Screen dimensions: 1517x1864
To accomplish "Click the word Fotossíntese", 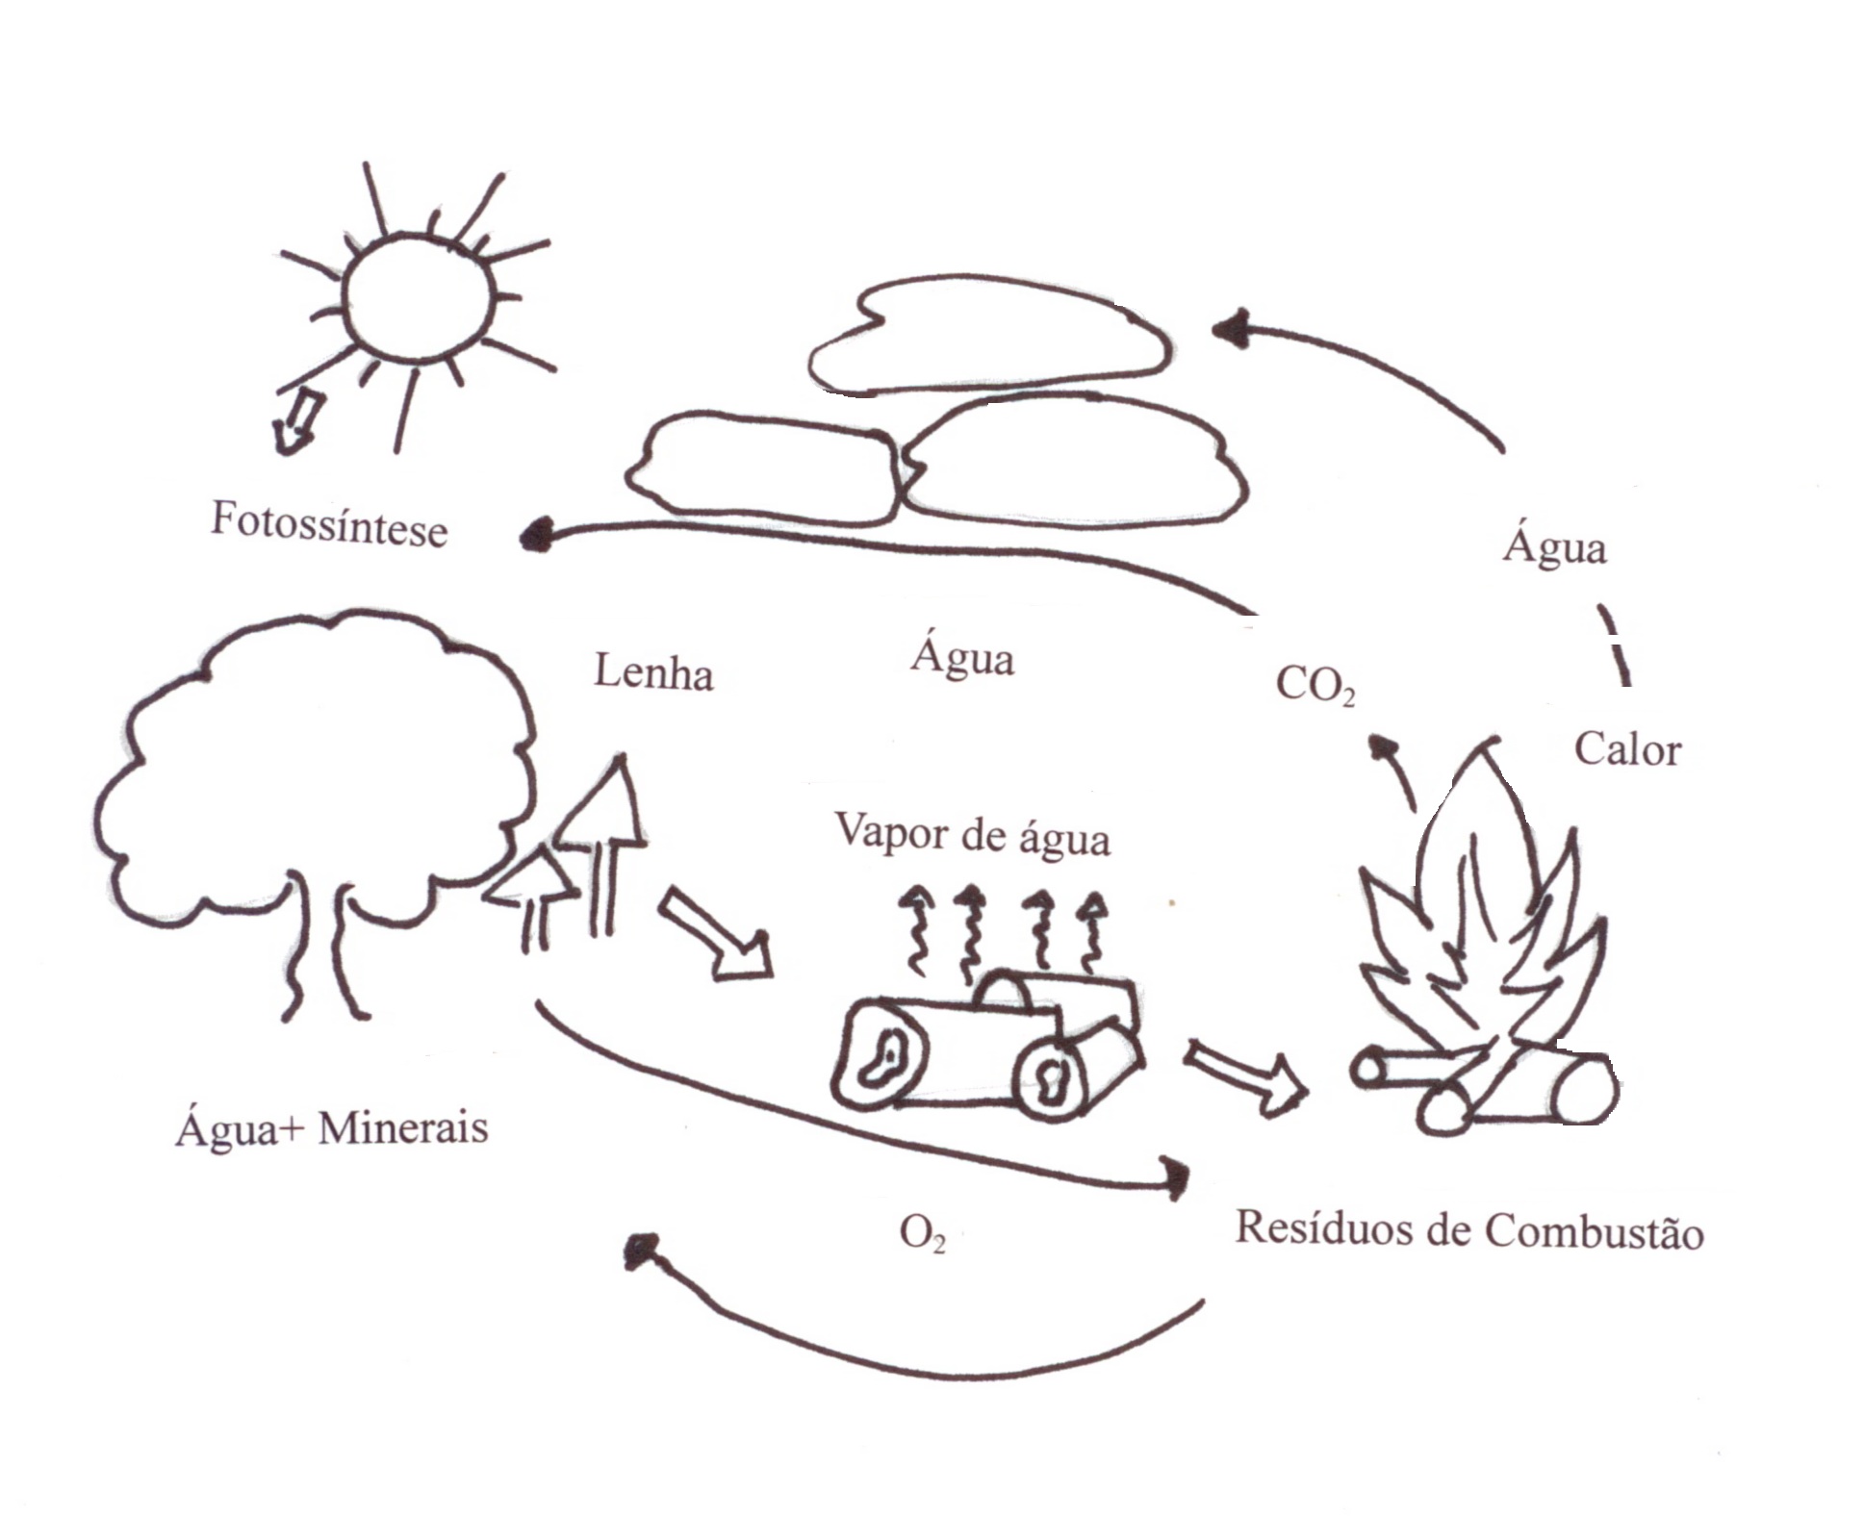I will point(329,525).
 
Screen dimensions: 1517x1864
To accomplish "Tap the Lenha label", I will point(653,672).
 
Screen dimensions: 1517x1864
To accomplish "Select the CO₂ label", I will point(1315,686).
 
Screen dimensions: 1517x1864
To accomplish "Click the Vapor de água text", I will point(972,835).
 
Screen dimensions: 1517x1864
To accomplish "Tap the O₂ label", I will point(922,1233).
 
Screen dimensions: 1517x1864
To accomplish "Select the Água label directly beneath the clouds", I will point(962,659).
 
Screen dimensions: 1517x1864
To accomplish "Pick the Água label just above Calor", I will point(1555,547).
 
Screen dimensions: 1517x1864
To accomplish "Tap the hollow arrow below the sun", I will point(295,424).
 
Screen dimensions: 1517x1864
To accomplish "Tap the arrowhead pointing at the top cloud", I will point(1230,330).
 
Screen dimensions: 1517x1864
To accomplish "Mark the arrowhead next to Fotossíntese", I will point(536,534).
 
